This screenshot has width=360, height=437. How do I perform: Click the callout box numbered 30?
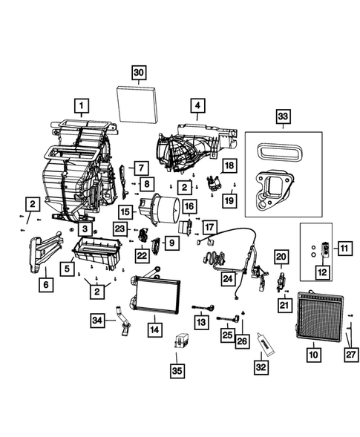tap(139, 73)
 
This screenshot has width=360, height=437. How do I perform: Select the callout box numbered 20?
tap(281, 257)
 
